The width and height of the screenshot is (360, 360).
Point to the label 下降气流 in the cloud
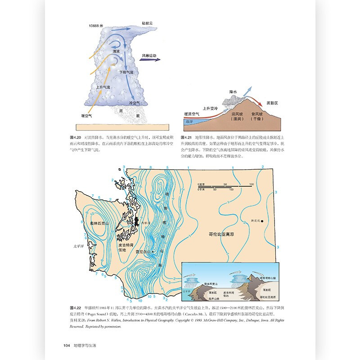pyautogui.click(x=126, y=72)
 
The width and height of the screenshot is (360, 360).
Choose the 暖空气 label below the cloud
pyautogui.click(x=86, y=115)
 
